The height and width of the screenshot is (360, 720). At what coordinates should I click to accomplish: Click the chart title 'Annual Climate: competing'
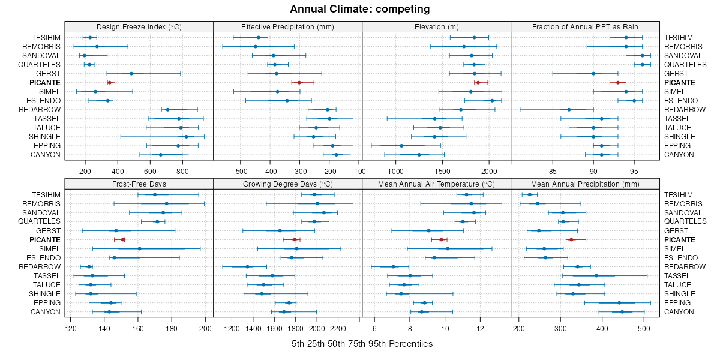coord(360,9)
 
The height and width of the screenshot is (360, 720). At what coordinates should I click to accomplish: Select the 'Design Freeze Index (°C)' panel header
coord(139,26)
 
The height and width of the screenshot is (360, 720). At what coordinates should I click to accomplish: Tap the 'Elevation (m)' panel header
coord(436,26)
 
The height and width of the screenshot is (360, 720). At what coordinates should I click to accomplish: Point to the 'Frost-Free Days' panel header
coord(139,184)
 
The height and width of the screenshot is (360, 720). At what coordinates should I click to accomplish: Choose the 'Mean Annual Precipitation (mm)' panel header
coord(585,184)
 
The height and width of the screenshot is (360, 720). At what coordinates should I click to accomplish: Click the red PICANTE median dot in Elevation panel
coord(478,82)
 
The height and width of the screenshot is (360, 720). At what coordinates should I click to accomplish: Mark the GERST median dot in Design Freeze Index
coord(131,73)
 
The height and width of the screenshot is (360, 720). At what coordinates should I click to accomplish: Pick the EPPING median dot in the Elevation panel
coord(401,146)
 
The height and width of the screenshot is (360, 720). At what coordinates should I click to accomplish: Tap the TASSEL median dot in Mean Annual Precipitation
coord(596,276)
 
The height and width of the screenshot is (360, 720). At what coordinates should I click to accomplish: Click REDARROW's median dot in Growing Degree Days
coord(247,267)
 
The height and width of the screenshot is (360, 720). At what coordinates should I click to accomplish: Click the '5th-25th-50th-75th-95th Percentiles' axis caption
coord(362,344)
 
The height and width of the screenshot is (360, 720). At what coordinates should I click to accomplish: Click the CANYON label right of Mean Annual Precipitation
coord(679,312)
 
